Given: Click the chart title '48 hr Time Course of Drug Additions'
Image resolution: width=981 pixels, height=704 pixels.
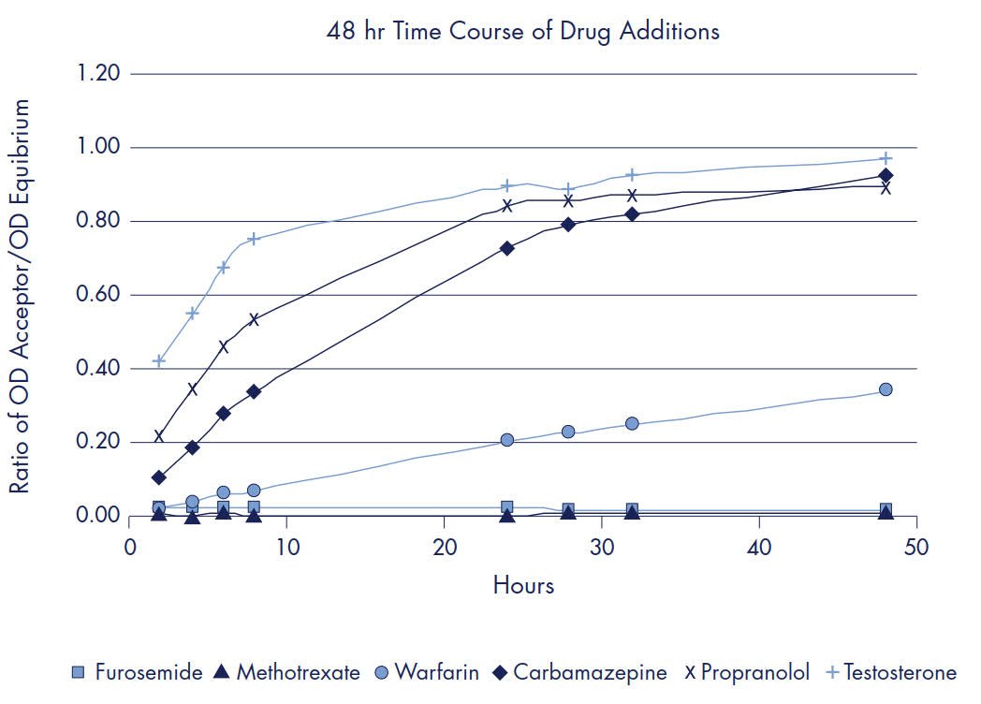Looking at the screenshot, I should coord(522,31).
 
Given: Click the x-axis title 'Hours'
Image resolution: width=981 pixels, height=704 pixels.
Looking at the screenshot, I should coord(523,586).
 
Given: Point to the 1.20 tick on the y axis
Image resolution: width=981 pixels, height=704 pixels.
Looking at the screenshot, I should coord(99,74).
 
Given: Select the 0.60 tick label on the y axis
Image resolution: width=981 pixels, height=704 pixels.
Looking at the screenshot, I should coord(99,295).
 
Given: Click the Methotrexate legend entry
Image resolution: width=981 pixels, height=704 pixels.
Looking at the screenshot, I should coord(297,672).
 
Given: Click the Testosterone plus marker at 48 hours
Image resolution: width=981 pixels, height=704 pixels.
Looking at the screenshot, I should coord(886,158).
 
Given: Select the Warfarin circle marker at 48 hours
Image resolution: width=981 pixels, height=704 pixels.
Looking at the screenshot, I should coord(886,389).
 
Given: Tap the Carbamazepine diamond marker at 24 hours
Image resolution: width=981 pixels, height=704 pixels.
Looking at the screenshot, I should coord(507,248).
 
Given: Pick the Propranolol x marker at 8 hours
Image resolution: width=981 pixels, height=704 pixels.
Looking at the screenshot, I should coord(254,319).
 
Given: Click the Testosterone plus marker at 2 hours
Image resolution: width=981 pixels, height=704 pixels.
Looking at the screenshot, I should coord(159,360).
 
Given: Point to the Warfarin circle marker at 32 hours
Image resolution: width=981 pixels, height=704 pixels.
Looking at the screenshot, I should coord(633,423).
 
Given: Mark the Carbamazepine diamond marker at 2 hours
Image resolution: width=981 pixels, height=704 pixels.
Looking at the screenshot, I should coord(159,477).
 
